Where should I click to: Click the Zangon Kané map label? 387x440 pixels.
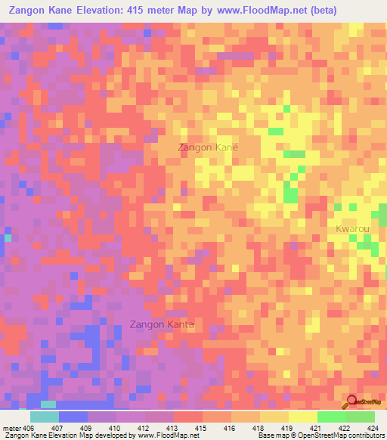click(207, 148)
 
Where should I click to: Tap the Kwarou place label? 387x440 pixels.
click(354, 228)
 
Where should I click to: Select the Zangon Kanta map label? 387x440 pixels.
click(163, 325)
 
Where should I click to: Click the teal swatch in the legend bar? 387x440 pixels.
click(44, 417)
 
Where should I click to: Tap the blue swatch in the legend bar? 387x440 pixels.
click(73, 417)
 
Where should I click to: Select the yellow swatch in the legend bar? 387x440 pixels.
click(302, 417)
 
